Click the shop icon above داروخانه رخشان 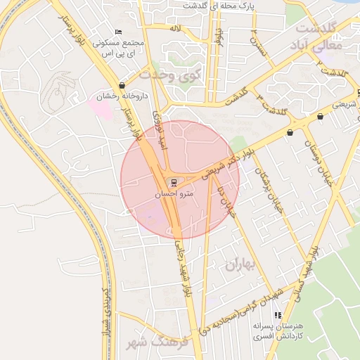click(123, 85)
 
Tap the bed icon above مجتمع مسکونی click(117, 32)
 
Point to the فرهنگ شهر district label click(156, 343)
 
